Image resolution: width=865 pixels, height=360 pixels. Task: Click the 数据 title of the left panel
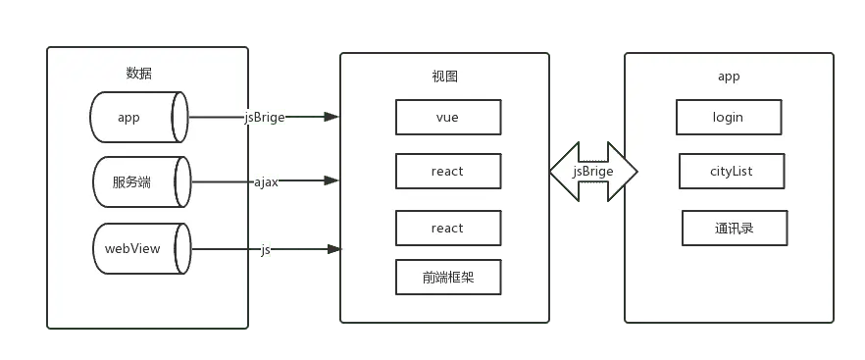click(x=139, y=73)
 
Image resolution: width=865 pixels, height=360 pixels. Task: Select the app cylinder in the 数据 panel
click(x=138, y=118)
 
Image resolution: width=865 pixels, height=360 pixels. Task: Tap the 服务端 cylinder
click(x=138, y=181)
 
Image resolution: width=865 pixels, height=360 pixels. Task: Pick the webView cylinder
click(x=138, y=248)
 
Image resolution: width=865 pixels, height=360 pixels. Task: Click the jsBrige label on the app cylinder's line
click(x=264, y=117)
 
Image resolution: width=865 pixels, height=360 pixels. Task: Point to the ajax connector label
click(x=266, y=181)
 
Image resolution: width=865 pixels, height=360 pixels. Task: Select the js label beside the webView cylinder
click(x=266, y=249)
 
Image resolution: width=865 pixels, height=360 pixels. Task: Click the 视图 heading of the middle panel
click(x=444, y=76)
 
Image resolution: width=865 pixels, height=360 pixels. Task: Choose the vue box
click(x=446, y=117)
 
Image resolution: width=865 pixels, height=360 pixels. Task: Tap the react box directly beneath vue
click(x=446, y=172)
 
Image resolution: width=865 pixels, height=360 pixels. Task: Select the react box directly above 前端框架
click(x=446, y=228)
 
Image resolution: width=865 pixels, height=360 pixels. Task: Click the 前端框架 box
click(x=446, y=277)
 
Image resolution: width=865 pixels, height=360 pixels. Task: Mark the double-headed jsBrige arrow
click(x=593, y=172)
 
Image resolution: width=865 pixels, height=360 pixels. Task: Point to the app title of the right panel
click(x=728, y=76)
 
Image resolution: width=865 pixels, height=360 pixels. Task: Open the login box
click(x=728, y=117)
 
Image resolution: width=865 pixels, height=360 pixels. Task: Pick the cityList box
click(x=731, y=172)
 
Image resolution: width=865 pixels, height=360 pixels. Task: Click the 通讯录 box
click(x=735, y=229)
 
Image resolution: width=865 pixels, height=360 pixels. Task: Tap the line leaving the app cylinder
click(x=216, y=118)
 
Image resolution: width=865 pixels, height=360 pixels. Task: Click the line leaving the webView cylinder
click(x=224, y=249)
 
